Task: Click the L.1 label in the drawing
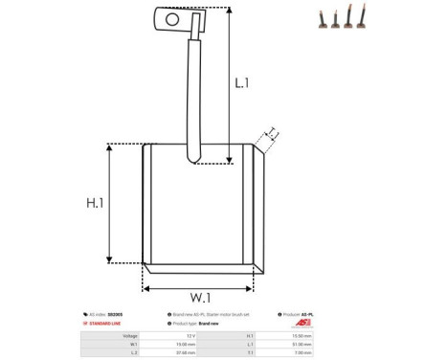[242, 84]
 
